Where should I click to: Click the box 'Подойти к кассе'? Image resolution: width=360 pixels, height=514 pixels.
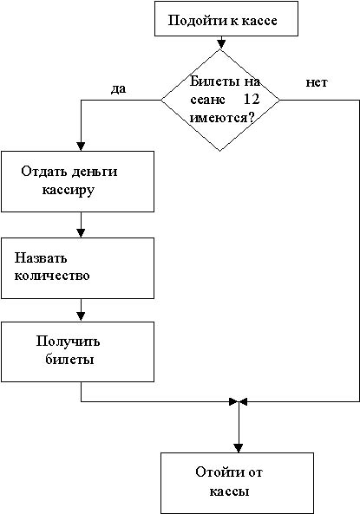coord(226,18)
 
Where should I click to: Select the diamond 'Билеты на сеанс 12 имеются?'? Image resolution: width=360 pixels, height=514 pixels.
coord(220,100)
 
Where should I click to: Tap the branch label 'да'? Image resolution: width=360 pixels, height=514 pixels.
coord(118,88)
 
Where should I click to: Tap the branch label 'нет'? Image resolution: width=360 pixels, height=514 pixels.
coord(317,82)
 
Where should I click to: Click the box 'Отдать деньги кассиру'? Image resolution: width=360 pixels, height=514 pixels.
coord(77,181)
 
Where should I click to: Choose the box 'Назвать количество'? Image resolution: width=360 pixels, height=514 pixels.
coord(77,268)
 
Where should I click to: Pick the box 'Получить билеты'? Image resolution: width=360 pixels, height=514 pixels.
coord(77,351)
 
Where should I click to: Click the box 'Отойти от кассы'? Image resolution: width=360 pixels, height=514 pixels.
coord(237,483)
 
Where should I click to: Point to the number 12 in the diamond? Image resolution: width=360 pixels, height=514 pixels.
coord(252,99)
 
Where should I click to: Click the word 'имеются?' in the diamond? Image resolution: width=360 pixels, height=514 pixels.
coord(222,117)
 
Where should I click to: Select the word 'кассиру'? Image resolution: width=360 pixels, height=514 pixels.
coord(69,191)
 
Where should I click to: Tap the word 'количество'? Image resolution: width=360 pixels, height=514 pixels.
coord(52,275)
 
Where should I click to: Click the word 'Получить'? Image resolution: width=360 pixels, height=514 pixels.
coord(68,342)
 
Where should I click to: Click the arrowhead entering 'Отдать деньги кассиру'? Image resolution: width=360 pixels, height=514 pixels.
coord(81,146)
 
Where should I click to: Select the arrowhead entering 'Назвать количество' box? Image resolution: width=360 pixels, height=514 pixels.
coord(81,233)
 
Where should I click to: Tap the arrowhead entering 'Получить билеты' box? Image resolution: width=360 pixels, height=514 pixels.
coord(81,316)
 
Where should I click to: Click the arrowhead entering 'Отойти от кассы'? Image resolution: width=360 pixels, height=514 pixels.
coord(239,448)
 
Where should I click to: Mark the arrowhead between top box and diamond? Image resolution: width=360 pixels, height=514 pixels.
coord(221,44)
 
